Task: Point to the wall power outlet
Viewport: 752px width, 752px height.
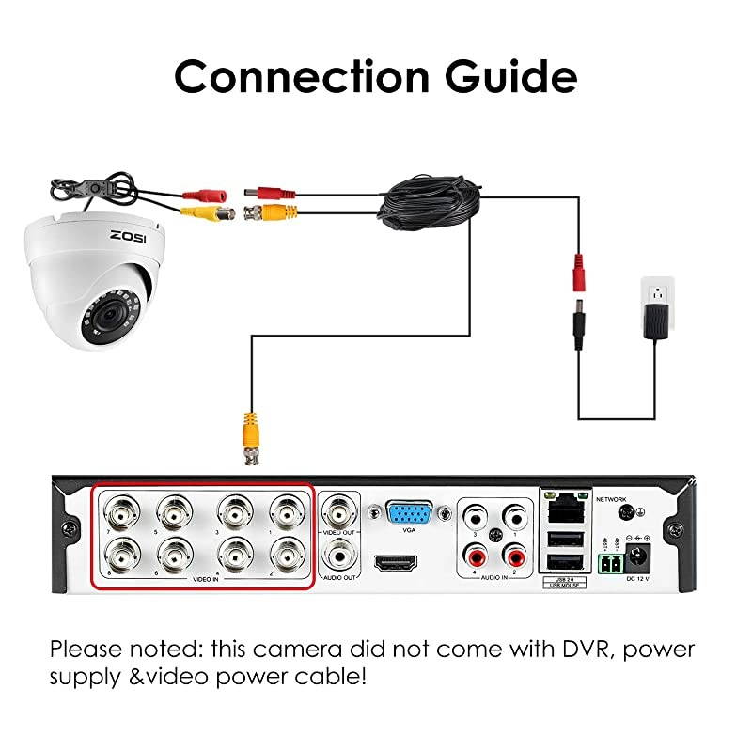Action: (x=658, y=297)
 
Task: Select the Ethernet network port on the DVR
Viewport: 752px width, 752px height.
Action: (x=561, y=508)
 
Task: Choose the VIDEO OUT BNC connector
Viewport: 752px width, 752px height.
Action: (x=338, y=513)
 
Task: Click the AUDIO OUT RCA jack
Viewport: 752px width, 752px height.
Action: (x=338, y=557)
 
